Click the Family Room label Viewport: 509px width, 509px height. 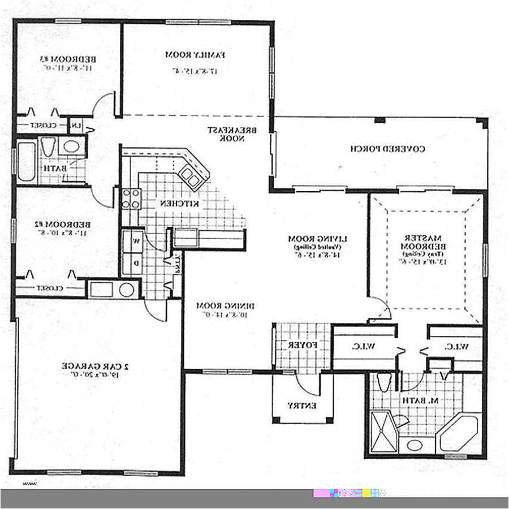coord(195,55)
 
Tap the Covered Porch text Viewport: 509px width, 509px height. coord(387,149)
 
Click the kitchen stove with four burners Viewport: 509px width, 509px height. coord(131,199)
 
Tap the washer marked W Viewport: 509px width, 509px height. coord(136,241)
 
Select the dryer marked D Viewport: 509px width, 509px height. coord(136,264)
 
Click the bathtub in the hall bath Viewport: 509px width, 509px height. coord(27,161)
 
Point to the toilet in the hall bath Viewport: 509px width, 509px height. coord(48,148)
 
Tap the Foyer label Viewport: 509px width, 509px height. coord(297,345)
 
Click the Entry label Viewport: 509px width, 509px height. coord(301,406)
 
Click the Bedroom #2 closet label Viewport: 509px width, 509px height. coord(51,288)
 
